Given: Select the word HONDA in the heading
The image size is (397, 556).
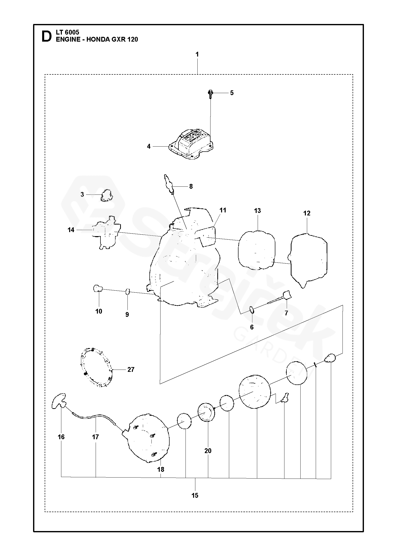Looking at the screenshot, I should (x=97, y=39).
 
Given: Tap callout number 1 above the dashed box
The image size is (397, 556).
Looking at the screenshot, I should (x=197, y=54).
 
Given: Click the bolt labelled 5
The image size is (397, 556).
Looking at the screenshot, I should (x=210, y=94).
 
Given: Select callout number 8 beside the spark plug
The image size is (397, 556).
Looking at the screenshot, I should (x=191, y=186).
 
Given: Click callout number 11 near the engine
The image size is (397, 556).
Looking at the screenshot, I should (x=223, y=210).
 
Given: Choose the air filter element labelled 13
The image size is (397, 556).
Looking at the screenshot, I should (x=257, y=250).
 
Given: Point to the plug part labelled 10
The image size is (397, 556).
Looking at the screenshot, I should (x=97, y=288).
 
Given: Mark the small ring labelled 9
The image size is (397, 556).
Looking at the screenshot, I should (x=127, y=292).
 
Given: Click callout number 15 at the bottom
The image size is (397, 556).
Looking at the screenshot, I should (x=195, y=495).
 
